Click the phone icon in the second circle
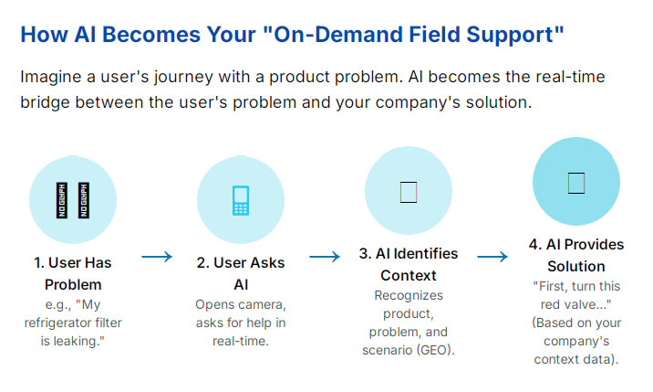click(x=241, y=200)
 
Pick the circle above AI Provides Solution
click(x=575, y=183)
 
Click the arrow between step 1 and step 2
click(x=157, y=257)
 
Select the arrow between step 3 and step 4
click(x=492, y=257)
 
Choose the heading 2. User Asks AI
click(x=241, y=273)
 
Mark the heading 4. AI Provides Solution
click(x=576, y=256)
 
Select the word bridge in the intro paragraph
click(x=50, y=102)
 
